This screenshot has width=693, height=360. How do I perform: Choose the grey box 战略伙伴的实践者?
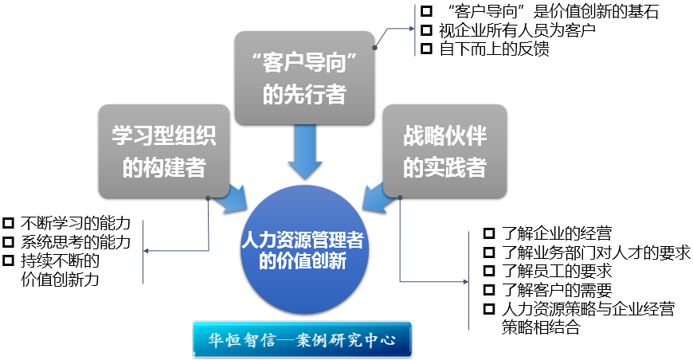click(444, 151)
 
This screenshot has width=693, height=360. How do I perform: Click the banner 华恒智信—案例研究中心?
click(303, 339)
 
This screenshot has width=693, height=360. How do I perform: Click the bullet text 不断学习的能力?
click(76, 223)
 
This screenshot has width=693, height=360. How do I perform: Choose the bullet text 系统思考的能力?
click(76, 241)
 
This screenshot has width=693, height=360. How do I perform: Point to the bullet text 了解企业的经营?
click(558, 234)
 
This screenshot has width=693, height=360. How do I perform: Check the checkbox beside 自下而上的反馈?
click(426, 49)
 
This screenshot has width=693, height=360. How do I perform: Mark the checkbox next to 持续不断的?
click(9, 260)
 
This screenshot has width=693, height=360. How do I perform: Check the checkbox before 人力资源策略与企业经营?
click(491, 309)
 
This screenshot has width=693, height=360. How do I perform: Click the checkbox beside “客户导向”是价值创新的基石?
click(426, 11)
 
